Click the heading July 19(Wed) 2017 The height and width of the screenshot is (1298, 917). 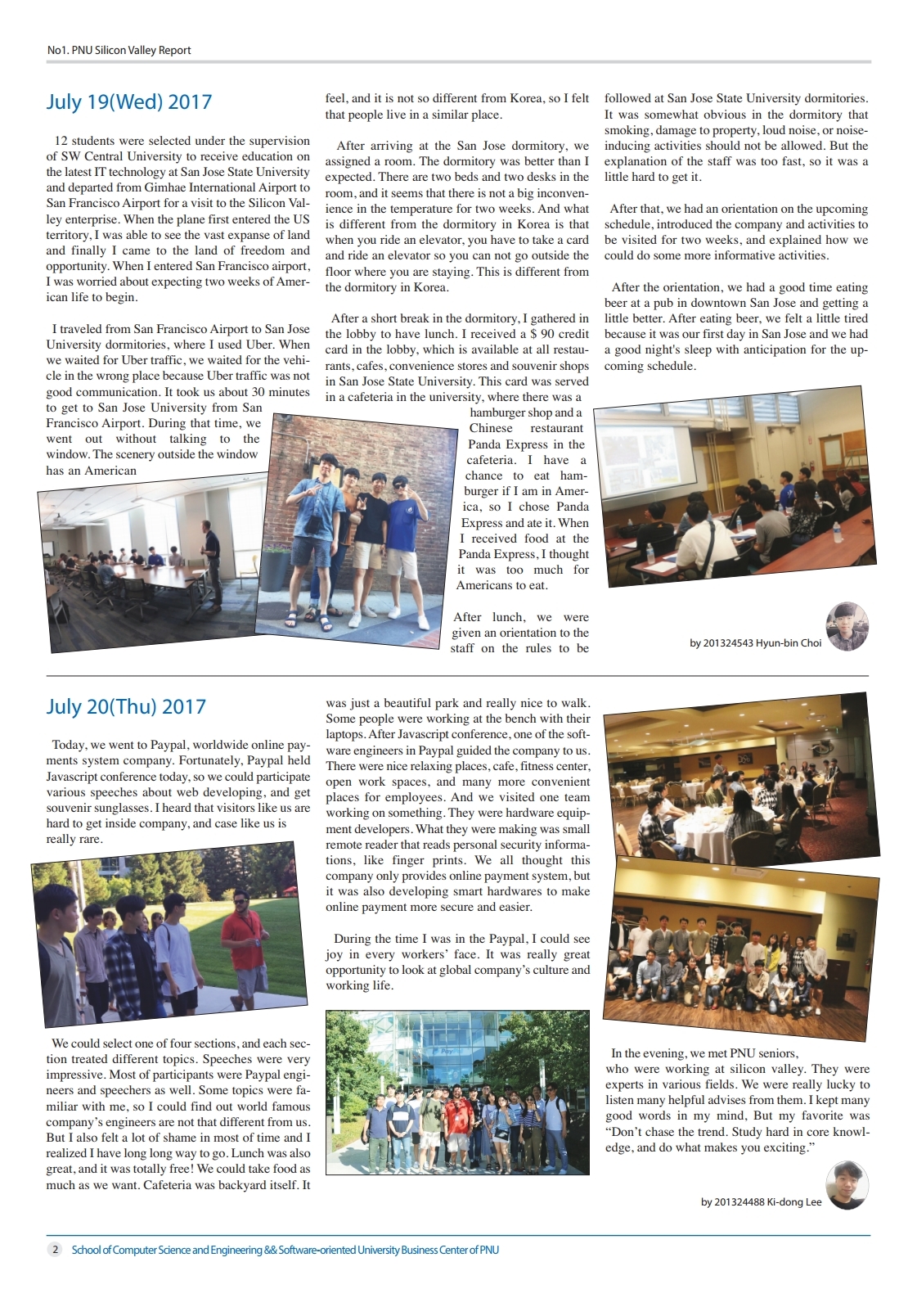point(128,101)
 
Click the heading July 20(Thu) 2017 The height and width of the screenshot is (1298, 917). point(126,706)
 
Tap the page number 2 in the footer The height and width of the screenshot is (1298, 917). point(55,1250)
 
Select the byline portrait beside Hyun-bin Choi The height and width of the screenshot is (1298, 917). point(847,626)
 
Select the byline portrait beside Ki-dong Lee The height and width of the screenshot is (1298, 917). point(847,1184)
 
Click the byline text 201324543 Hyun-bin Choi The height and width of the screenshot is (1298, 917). point(755,643)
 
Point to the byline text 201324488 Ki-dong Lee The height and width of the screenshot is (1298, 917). point(761,1202)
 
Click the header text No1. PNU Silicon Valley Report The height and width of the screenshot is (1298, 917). point(119,50)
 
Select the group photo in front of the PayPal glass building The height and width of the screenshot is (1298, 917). point(457,1093)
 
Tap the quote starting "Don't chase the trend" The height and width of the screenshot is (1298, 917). point(737,1139)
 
